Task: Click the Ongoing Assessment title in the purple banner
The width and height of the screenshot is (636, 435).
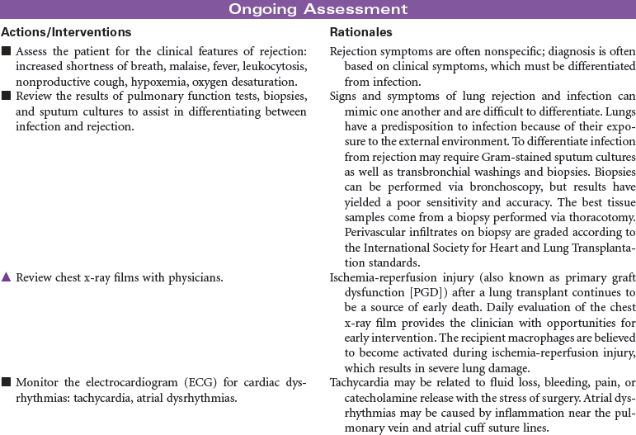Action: [x=318, y=10]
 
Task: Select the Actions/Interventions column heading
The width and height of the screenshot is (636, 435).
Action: [x=67, y=32]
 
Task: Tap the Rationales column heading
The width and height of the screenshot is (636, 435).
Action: [x=360, y=32]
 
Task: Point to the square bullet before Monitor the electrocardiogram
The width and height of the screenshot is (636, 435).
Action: [x=6, y=382]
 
